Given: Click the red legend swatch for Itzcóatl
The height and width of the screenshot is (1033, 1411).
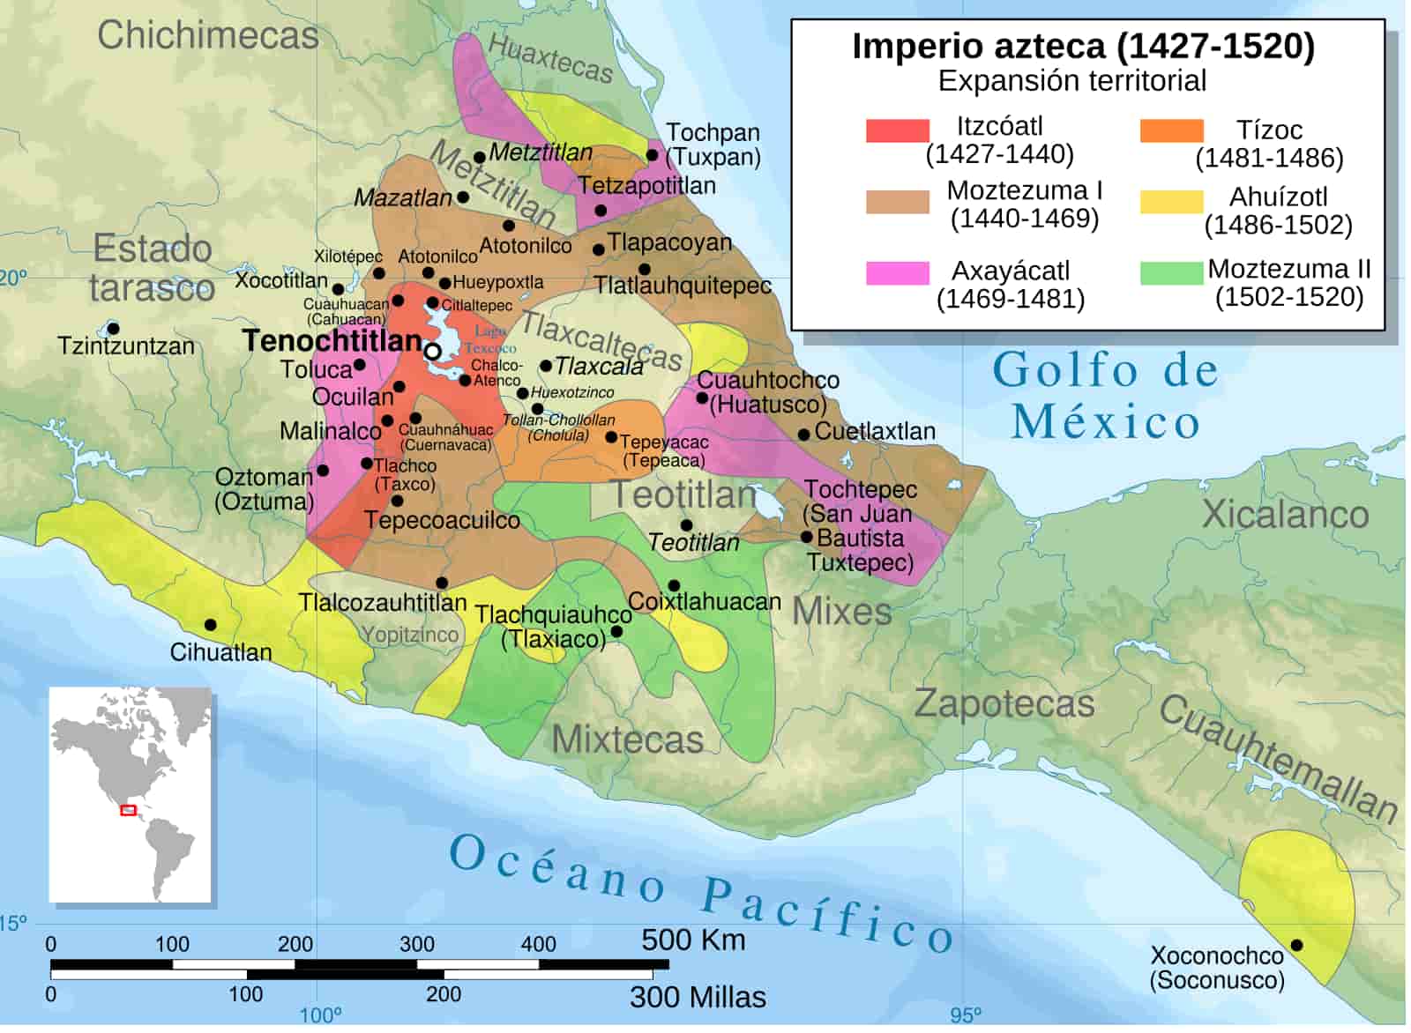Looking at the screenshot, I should click(x=897, y=130).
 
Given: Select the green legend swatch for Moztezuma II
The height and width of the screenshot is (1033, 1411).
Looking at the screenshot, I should click(x=1170, y=272).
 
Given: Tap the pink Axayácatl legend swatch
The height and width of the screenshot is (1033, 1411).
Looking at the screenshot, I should click(x=897, y=272).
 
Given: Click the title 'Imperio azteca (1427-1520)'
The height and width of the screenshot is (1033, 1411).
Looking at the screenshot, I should click(x=1082, y=46).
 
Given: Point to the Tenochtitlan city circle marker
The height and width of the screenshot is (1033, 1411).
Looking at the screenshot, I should click(x=432, y=352).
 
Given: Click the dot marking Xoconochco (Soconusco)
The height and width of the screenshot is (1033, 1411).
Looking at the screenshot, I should click(x=1296, y=945).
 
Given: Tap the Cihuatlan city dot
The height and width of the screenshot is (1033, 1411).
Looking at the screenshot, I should click(x=210, y=625).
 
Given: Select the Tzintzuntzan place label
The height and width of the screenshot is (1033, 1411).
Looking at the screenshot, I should click(x=126, y=346).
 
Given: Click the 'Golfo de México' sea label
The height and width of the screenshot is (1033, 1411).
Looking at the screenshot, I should click(x=1106, y=396).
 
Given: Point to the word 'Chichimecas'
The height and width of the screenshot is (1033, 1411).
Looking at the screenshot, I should click(x=208, y=35).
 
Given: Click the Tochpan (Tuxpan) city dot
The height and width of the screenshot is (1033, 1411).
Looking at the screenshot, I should click(x=652, y=155).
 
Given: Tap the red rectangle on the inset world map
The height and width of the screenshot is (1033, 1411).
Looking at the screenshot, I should click(x=128, y=810).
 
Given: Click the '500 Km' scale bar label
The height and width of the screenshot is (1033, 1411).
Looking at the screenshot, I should click(x=693, y=940).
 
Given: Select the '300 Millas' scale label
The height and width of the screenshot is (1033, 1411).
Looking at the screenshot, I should click(x=698, y=997).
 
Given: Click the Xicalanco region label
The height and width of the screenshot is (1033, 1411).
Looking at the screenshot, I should click(x=1285, y=514).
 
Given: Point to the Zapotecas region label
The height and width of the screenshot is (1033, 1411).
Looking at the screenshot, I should click(x=1004, y=703).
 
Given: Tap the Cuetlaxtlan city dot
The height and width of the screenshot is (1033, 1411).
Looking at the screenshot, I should click(x=803, y=435).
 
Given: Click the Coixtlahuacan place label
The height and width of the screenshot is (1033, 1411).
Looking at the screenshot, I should click(x=705, y=602).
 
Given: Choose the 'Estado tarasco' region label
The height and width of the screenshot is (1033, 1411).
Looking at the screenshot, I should click(x=153, y=268).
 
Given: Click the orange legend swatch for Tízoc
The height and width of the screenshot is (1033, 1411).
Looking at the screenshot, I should click(x=1170, y=130).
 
